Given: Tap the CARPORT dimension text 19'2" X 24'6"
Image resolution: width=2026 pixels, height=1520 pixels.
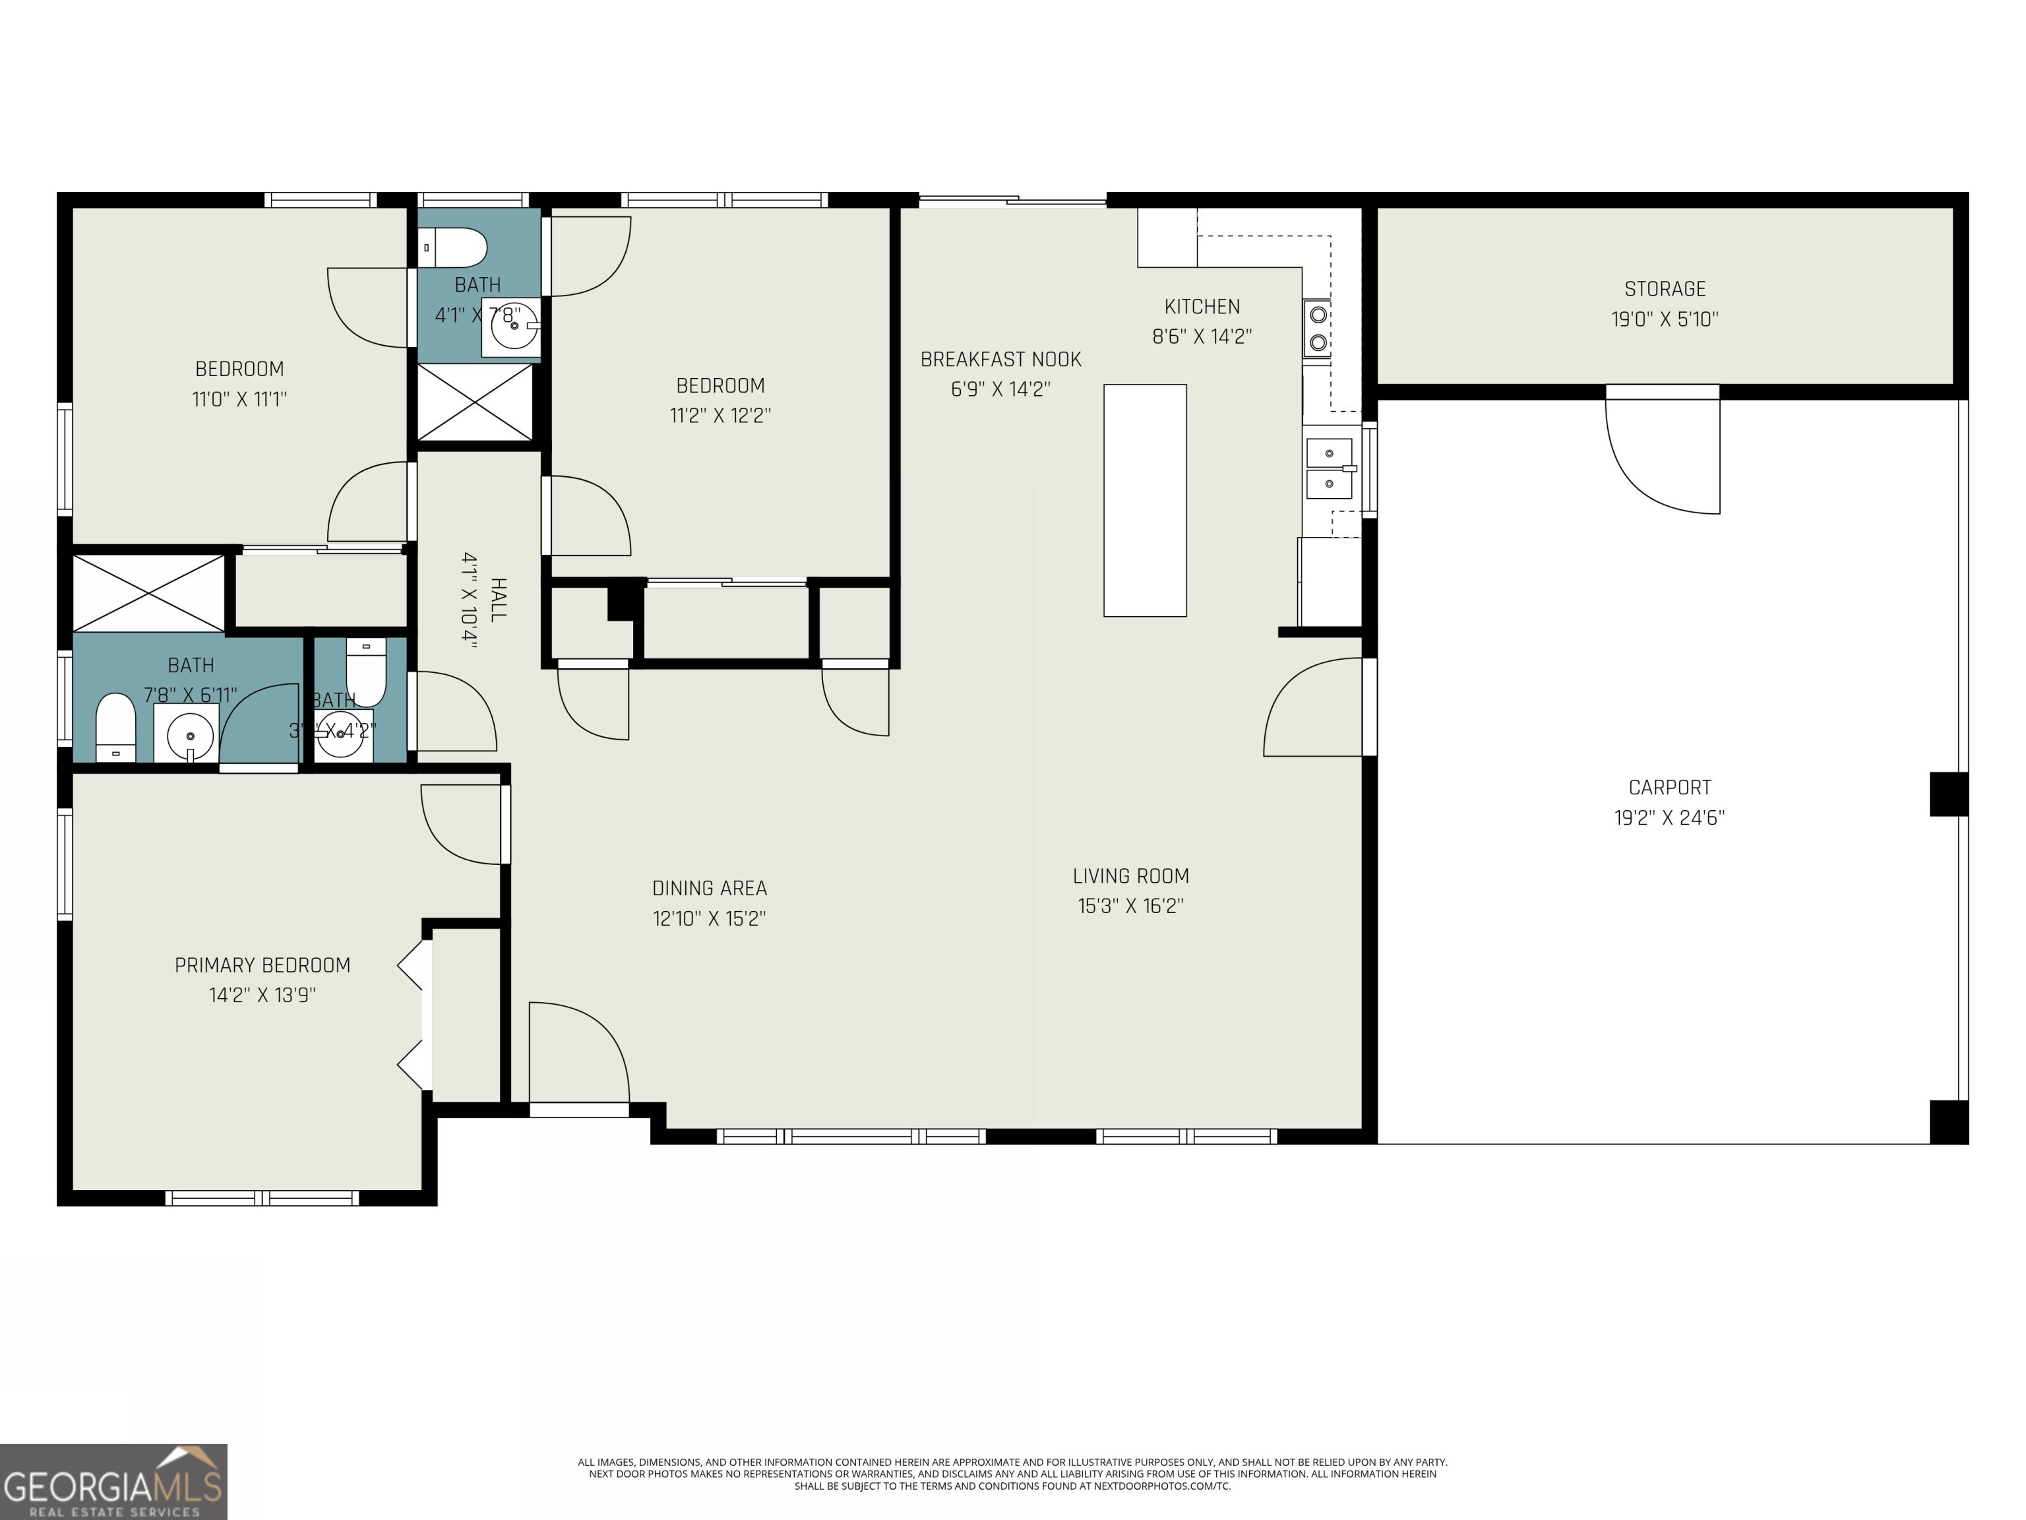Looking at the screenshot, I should click(1669, 818).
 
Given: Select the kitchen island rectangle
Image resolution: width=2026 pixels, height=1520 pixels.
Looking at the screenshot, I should click(1144, 500).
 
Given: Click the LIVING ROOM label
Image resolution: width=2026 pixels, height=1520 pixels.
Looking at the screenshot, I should click(1130, 877).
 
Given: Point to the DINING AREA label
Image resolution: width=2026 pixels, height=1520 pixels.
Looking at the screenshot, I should click(709, 889).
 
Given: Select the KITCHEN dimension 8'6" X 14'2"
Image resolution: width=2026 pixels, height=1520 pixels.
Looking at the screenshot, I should click(1202, 336).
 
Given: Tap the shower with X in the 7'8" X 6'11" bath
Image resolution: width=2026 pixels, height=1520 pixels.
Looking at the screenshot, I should click(148, 594).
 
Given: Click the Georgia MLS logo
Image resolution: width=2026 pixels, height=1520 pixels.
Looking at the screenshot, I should click(113, 1482).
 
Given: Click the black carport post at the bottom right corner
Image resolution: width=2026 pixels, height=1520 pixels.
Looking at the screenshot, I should click(1948, 1122).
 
